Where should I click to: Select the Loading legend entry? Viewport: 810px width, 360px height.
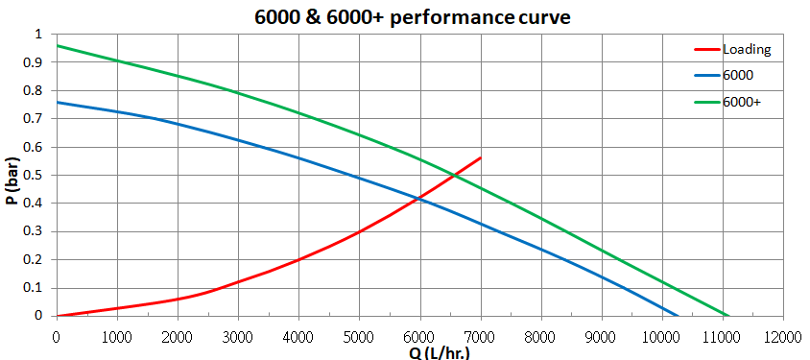(747, 49)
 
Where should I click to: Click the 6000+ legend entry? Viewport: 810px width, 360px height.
(742, 101)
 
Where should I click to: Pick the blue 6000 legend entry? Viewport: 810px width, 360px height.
(737, 75)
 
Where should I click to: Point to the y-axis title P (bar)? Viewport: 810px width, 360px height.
(12, 176)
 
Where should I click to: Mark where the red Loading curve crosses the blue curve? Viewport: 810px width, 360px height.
(419, 198)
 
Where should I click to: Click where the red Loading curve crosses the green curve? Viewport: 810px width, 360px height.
(452, 175)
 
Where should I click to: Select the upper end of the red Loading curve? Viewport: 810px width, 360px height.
(480, 157)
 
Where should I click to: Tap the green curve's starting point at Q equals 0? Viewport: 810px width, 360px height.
(57, 45)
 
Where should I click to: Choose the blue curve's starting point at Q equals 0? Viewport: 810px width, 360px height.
(57, 102)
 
